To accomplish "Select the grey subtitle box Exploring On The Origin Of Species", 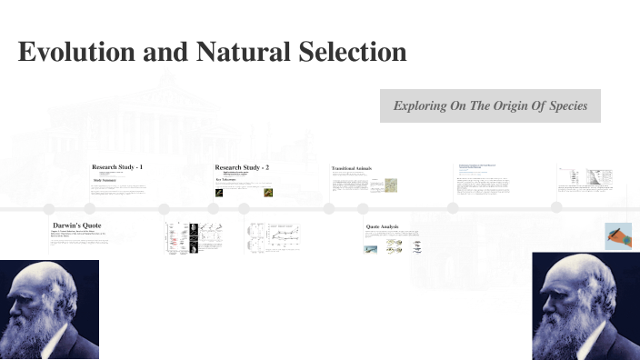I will (x=490, y=106).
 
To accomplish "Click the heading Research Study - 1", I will (x=117, y=167).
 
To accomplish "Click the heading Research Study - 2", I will (x=242, y=167).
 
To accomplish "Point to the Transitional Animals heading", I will (x=352, y=168).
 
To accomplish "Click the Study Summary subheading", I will (x=106, y=180).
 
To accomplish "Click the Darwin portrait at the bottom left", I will (x=49, y=310).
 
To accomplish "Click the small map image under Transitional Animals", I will (x=390, y=185).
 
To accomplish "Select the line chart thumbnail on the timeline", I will (x=275, y=236).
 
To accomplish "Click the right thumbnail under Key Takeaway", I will (x=269, y=193).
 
